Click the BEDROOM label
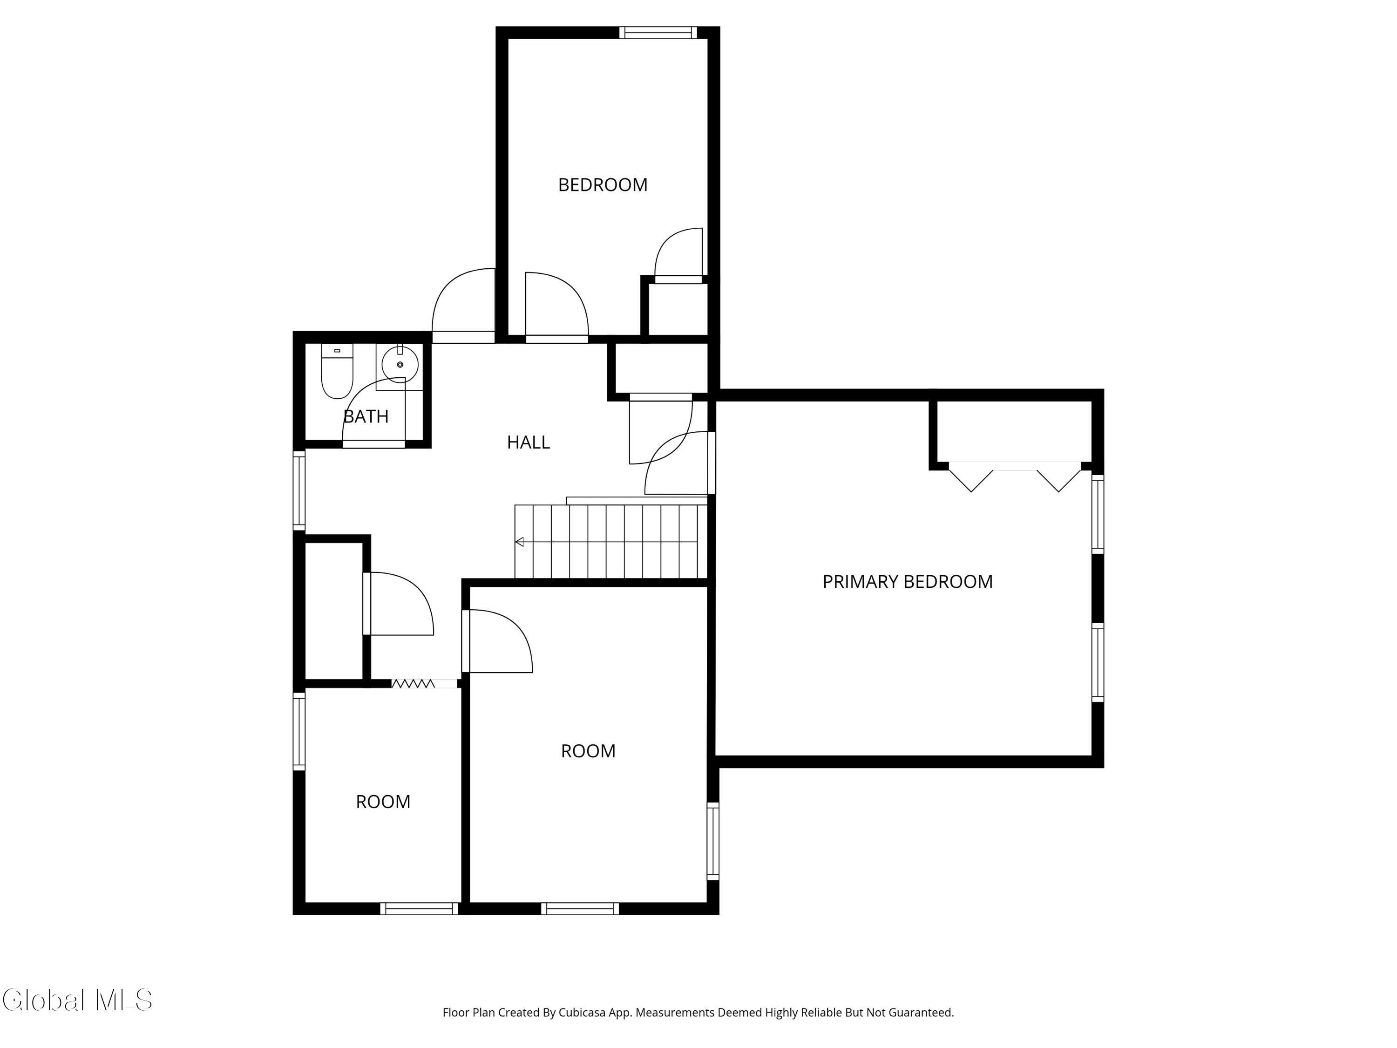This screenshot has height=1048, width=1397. (x=603, y=184)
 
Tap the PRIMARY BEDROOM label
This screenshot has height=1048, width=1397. (x=907, y=581)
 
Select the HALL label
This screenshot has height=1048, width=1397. (x=528, y=442)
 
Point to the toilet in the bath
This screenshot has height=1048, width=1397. (x=337, y=372)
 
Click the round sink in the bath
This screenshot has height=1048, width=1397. (x=400, y=365)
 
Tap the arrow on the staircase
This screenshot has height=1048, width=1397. (x=519, y=541)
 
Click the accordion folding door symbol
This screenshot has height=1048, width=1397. (x=413, y=683)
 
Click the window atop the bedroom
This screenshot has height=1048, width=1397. (x=658, y=33)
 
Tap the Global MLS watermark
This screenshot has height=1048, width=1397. (x=77, y=1000)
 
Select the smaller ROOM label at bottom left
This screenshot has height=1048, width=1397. (x=383, y=802)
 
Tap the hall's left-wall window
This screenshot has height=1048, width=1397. (x=299, y=490)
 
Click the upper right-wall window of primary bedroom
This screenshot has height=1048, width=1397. (x=1098, y=514)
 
